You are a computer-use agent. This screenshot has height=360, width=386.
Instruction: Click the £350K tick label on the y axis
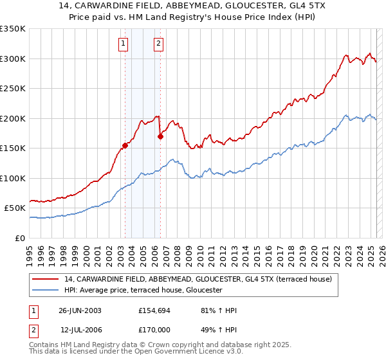[x=13, y=29]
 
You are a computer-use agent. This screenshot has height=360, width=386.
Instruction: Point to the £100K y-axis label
[x=13, y=178]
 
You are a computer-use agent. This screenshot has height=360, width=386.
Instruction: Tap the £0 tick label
[x=19, y=238]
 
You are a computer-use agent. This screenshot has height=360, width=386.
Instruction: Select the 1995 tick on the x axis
[x=30, y=249]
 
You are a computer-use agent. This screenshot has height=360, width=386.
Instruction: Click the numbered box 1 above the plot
[x=122, y=44]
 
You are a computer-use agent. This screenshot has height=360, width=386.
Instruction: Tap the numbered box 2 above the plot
[x=158, y=44]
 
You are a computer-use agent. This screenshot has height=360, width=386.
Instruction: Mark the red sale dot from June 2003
[x=125, y=145]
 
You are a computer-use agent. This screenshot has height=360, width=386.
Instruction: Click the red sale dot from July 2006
[x=160, y=136]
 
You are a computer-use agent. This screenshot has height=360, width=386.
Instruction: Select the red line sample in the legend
[x=46, y=279]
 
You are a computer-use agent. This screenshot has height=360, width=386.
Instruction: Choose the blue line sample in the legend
[x=46, y=291]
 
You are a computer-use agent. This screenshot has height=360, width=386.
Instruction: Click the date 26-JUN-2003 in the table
[x=80, y=310]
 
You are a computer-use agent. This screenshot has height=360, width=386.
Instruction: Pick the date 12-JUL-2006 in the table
[x=80, y=330]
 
